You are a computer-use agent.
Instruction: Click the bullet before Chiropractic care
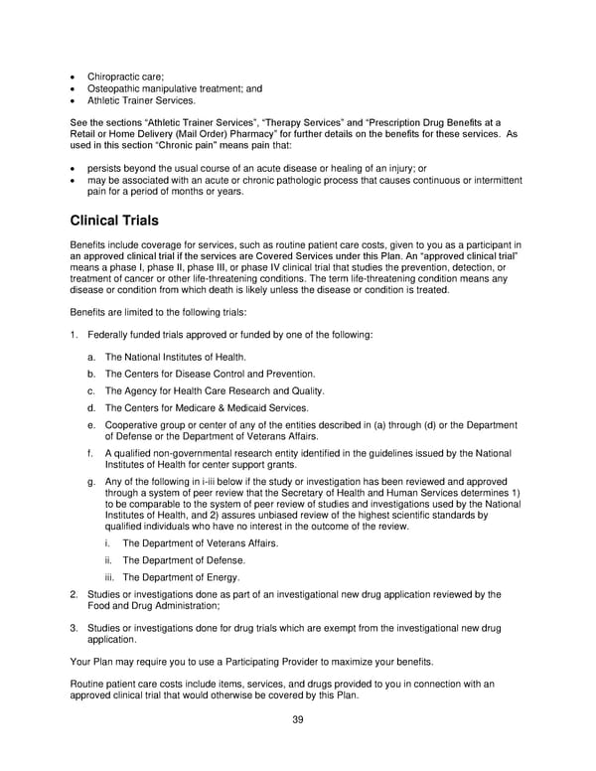coord(74,77)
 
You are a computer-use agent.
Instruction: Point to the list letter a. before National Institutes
coord(91,357)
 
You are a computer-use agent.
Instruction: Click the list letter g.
coord(91,481)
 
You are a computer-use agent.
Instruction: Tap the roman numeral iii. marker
coord(109,577)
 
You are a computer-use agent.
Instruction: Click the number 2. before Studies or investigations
coord(74,594)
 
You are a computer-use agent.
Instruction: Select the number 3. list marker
coord(74,628)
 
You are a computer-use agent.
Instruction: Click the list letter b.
coord(91,374)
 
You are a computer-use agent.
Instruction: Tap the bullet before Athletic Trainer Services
coord(74,100)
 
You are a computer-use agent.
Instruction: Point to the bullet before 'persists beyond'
coord(74,169)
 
